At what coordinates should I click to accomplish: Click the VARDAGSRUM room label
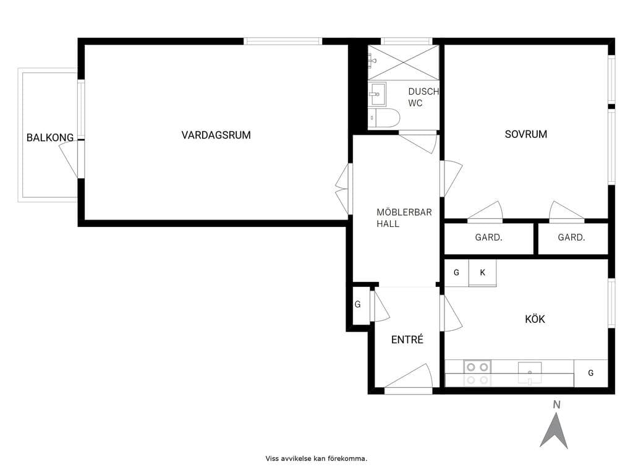pyautogui.click(x=216, y=135)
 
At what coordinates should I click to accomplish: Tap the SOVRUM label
pyautogui.click(x=525, y=134)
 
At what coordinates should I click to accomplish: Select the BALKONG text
pyautogui.click(x=50, y=138)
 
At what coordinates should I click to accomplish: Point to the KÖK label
pyautogui.click(x=535, y=319)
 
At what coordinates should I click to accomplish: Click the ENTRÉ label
pyautogui.click(x=407, y=340)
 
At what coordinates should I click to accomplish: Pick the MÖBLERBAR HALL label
pyautogui.click(x=404, y=218)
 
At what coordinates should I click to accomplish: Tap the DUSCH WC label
pyautogui.click(x=423, y=97)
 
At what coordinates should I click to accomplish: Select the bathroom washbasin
pyautogui.click(x=378, y=94)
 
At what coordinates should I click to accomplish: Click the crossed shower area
pyautogui.click(x=403, y=62)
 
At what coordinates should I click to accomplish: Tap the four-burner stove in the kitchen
pyautogui.click(x=478, y=373)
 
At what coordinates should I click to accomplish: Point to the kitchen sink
pyautogui.click(x=530, y=373)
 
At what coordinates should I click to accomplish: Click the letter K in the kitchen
pyautogui.click(x=482, y=273)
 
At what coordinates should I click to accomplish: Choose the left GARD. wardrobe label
pyautogui.click(x=488, y=237)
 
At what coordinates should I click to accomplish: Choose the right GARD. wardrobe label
pyautogui.click(x=571, y=237)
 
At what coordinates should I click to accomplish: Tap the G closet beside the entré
pyautogui.click(x=358, y=304)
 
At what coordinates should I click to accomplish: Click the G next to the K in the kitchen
pyautogui.click(x=456, y=273)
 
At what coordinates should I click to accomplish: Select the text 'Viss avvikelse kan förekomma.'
pyautogui.click(x=316, y=458)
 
